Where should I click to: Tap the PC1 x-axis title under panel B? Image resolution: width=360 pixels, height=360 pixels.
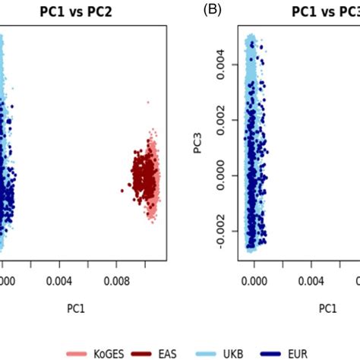[327, 309]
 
